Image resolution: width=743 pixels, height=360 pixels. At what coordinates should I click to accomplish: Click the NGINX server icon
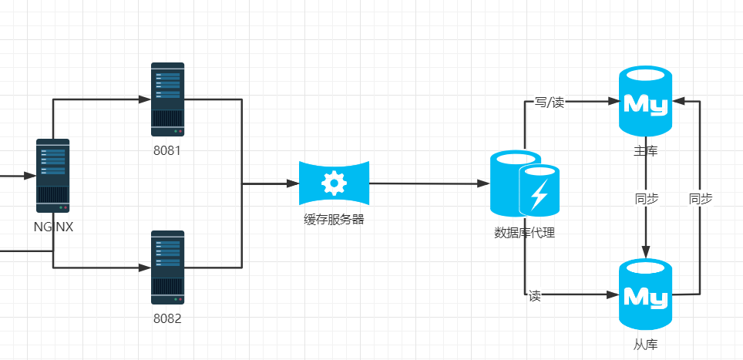[x=53, y=176]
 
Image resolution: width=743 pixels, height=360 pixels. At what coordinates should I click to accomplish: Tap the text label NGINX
[x=53, y=227]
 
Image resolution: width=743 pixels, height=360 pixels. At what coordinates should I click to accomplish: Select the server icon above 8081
[x=167, y=99]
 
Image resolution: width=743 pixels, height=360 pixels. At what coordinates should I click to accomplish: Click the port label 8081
[x=167, y=150]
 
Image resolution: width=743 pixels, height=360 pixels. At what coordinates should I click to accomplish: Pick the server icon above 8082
[x=167, y=267]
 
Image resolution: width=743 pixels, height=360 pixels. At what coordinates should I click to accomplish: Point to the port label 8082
[x=167, y=318]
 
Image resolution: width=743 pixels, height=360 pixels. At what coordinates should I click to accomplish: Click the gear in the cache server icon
[x=334, y=183]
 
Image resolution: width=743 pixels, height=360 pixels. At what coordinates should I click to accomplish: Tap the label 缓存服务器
[x=334, y=219]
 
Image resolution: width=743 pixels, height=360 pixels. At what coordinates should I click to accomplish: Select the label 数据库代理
[x=524, y=233]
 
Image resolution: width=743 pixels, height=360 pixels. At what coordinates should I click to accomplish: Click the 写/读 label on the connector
[x=550, y=102]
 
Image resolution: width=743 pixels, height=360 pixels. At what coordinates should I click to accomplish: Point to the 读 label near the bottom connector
[x=534, y=296]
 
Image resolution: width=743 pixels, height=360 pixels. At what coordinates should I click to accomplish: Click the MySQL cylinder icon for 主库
[x=646, y=102]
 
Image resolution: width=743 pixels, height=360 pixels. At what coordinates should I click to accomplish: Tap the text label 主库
[x=646, y=151]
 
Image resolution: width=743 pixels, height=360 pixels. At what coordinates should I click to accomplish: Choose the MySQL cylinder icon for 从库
[x=646, y=295]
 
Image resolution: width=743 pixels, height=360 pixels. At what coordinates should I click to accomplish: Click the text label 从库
[x=646, y=345]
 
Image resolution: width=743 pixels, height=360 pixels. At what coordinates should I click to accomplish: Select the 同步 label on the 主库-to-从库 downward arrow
[x=646, y=199]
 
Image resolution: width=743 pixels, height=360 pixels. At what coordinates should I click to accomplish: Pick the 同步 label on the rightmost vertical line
[x=700, y=199]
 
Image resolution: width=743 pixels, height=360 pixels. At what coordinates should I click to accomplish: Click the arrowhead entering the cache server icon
[x=293, y=183]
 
